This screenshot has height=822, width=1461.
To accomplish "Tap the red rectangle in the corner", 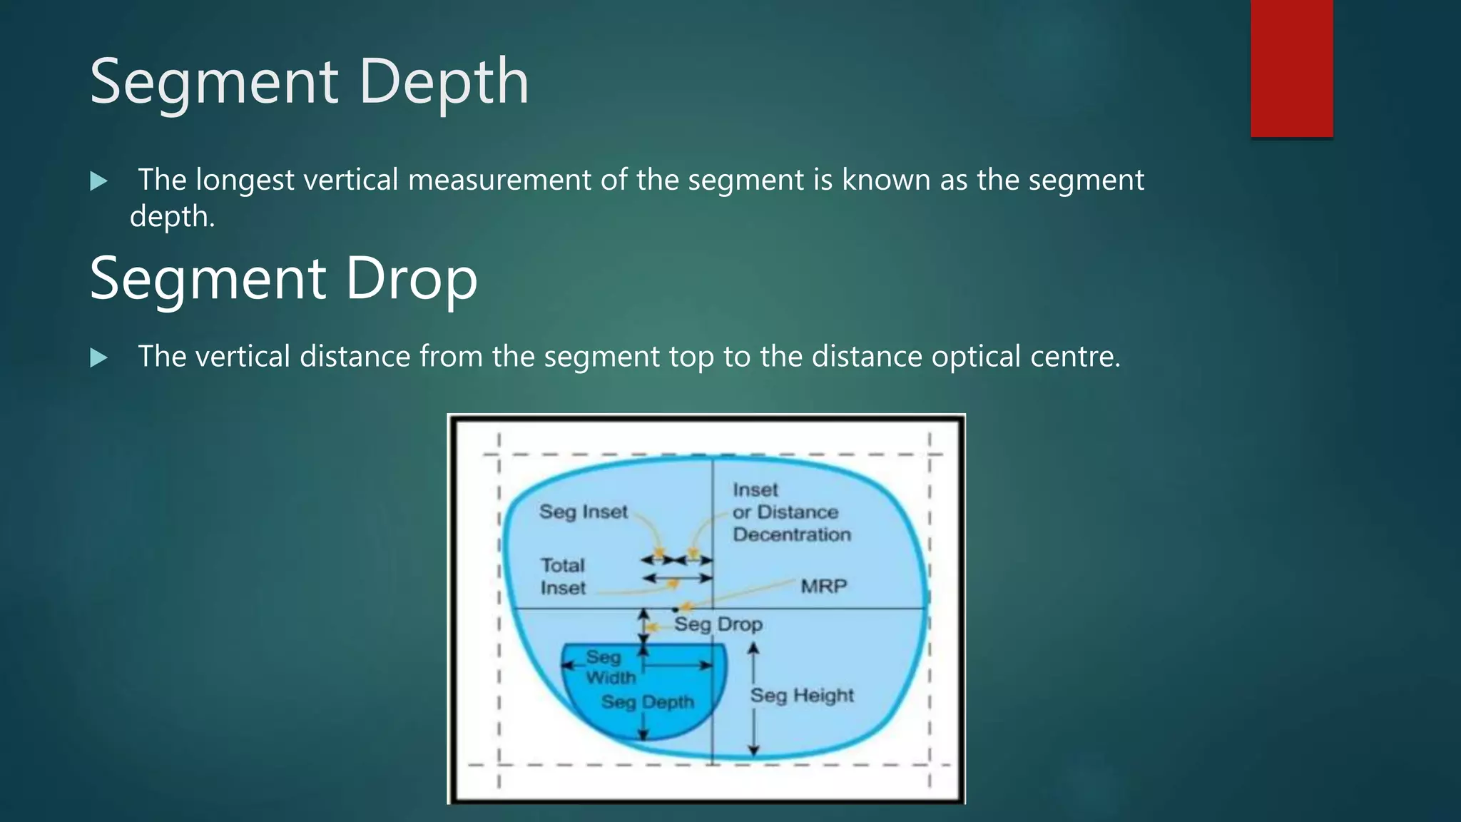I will click(x=1291, y=68).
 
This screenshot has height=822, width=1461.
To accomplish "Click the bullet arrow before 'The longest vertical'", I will click(x=99, y=181).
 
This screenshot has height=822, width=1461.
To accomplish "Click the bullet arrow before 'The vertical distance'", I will click(x=99, y=357).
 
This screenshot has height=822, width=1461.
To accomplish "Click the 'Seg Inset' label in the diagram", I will click(x=583, y=512).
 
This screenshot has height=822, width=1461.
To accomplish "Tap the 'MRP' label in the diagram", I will click(x=823, y=587).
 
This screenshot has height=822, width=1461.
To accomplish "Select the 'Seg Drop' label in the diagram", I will click(x=718, y=624).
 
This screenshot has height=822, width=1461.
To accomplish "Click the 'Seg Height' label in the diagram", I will click(x=802, y=695).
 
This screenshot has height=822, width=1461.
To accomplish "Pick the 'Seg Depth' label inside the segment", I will click(x=647, y=702).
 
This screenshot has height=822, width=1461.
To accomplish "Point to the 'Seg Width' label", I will click(x=608, y=667).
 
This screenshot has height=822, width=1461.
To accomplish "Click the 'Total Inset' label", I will click(x=562, y=577).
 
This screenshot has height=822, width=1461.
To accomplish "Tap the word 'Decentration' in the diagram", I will click(x=792, y=534).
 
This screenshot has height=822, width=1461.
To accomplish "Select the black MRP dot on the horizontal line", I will click(x=675, y=609).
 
